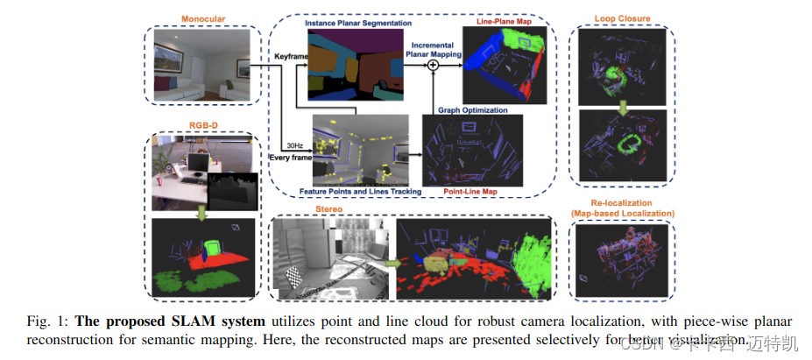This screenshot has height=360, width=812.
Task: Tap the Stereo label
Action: click(x=329, y=209)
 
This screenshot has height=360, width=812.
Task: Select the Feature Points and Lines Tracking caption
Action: click(x=358, y=190)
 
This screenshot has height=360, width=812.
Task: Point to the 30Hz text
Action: click(x=294, y=145)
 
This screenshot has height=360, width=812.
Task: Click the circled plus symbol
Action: click(x=432, y=75)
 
